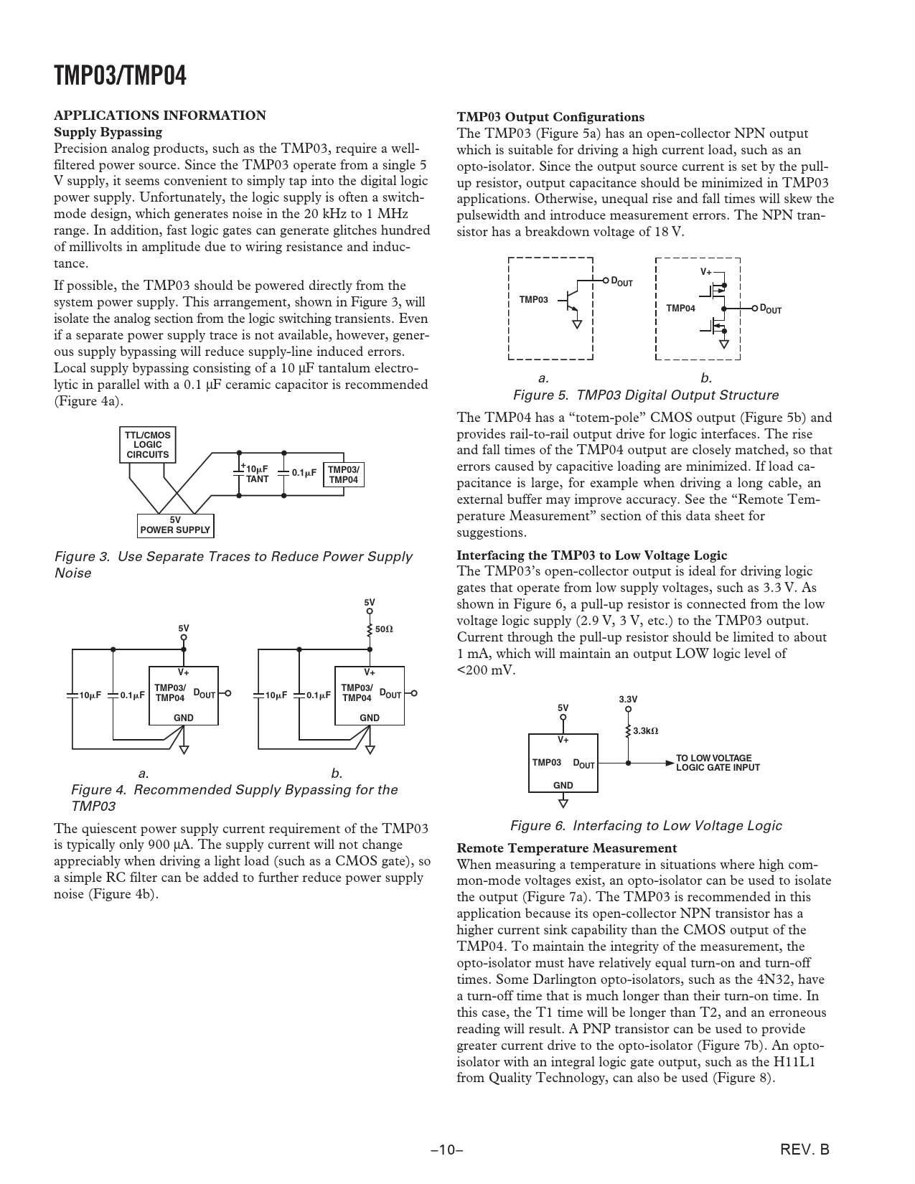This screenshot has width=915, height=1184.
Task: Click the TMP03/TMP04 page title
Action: (x=120, y=75)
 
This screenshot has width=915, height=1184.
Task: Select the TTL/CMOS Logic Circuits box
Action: (x=147, y=445)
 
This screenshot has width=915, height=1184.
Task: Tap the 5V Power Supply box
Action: (x=175, y=525)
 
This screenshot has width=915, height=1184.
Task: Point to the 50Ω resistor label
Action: (x=385, y=629)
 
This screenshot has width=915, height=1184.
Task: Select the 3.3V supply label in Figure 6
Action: (x=628, y=699)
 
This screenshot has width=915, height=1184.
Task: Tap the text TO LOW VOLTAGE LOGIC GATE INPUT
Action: (x=717, y=763)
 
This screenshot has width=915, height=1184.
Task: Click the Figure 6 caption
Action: (x=645, y=825)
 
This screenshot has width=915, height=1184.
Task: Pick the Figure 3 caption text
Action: (x=233, y=564)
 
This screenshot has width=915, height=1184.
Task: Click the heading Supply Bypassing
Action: (x=108, y=132)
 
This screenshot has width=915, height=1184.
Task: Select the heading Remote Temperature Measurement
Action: (x=566, y=848)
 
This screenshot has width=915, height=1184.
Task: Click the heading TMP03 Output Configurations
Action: (x=550, y=117)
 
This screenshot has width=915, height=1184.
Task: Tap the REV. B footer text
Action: (x=804, y=1150)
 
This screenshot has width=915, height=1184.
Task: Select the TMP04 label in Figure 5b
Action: (x=680, y=309)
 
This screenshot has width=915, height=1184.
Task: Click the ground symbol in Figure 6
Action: (x=563, y=802)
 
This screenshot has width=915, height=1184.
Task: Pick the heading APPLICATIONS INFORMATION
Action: (x=160, y=116)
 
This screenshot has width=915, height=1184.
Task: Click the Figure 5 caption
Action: (x=645, y=395)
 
